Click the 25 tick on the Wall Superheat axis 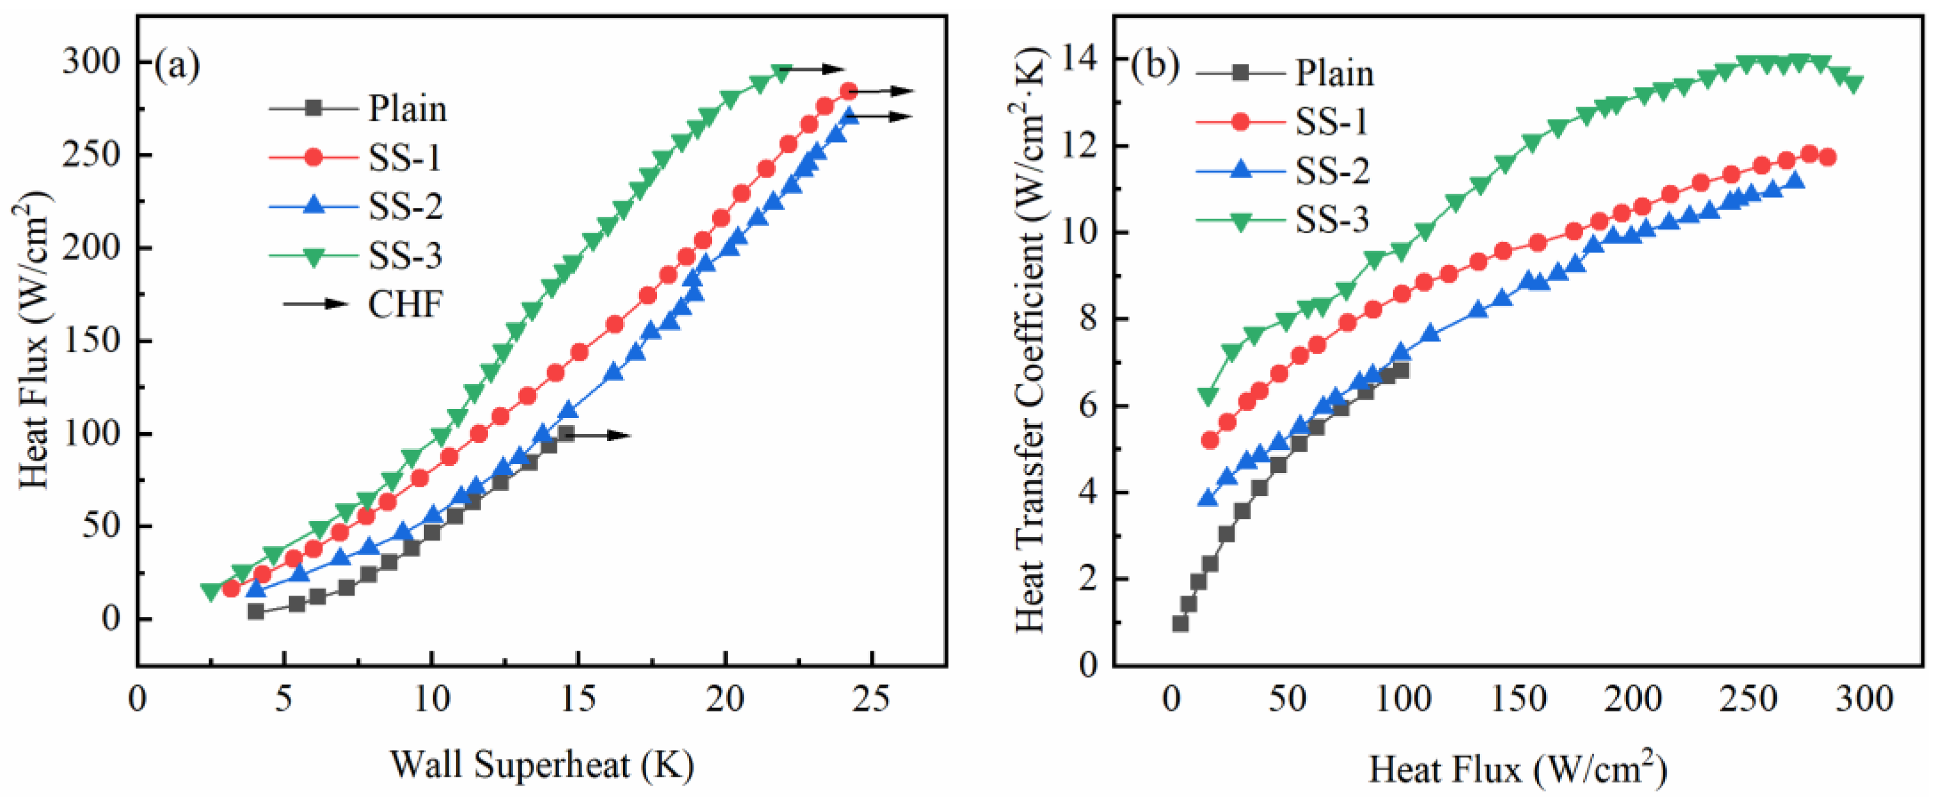(x=872, y=699)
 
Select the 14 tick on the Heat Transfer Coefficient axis (x=1081, y=59)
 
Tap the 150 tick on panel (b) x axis (x=1518, y=699)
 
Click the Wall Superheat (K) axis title (x=542, y=766)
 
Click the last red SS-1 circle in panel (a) (x=848, y=92)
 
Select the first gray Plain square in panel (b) (x=1180, y=623)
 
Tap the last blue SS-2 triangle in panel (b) (x=1796, y=181)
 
